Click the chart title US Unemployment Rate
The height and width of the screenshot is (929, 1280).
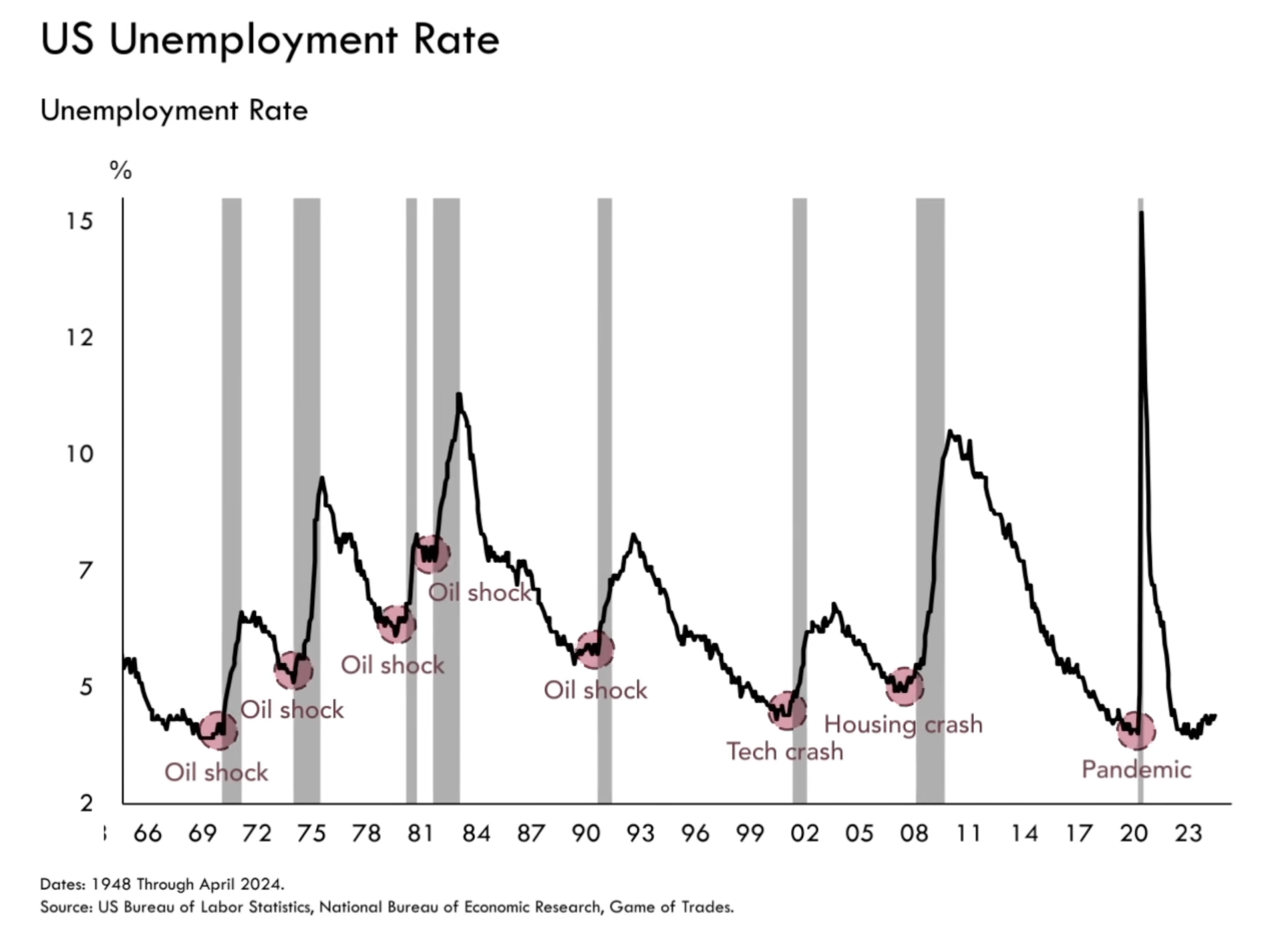tap(269, 40)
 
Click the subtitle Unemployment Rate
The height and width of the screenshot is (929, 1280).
tap(174, 111)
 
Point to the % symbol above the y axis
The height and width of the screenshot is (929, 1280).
tap(121, 171)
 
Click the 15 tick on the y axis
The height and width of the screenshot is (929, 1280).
tap(79, 221)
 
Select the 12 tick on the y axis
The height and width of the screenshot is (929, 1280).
tap(79, 338)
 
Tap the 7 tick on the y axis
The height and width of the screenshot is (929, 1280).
tap(85, 571)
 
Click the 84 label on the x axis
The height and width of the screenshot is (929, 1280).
tap(476, 833)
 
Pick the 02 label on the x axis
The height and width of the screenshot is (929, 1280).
tap(804, 833)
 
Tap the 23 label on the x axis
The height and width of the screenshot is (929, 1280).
tap(1188, 833)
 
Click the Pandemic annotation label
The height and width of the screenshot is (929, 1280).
tap(1136, 769)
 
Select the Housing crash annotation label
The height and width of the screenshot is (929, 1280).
tap(903, 724)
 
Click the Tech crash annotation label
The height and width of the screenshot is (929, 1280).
tap(784, 752)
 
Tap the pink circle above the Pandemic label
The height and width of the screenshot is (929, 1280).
tap(1136, 731)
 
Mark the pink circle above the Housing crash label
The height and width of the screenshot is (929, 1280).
tap(905, 686)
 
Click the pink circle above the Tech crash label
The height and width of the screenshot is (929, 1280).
tap(787, 710)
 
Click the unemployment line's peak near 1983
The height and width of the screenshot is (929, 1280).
tap(459, 396)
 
